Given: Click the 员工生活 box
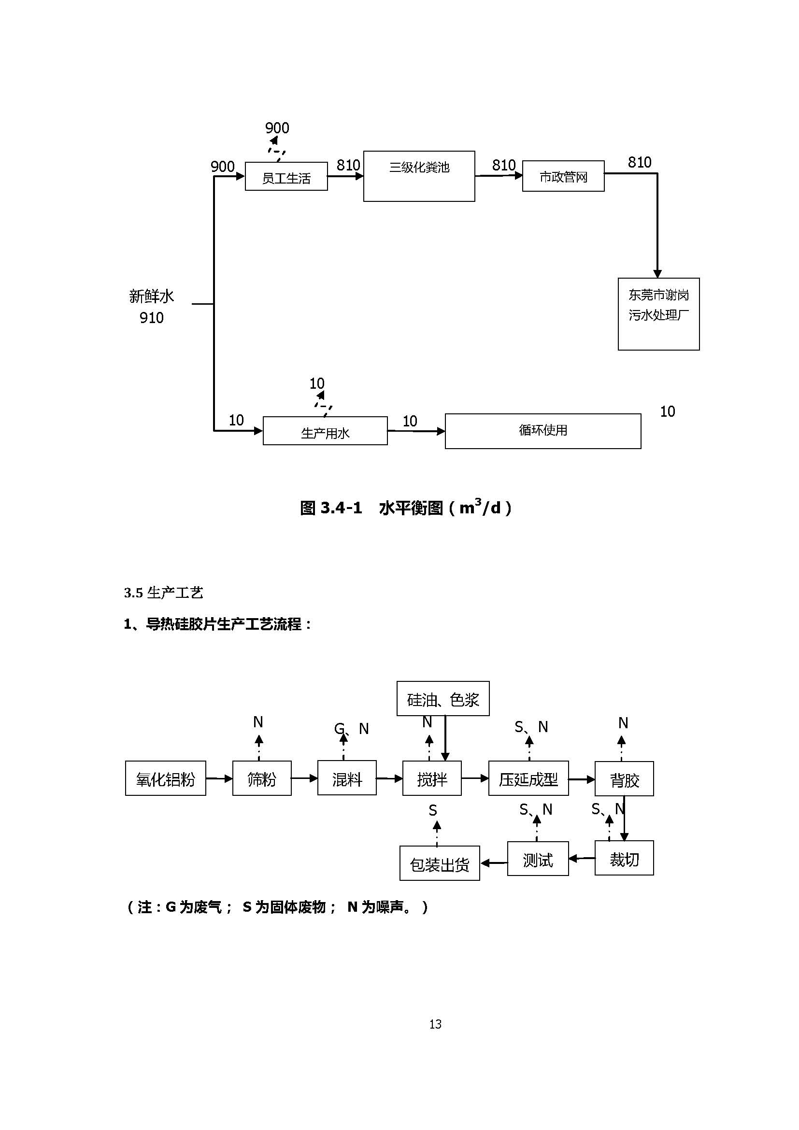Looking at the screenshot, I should click(x=286, y=176).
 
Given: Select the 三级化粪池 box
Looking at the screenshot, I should click(x=419, y=176).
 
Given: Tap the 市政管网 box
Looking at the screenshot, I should click(x=563, y=176).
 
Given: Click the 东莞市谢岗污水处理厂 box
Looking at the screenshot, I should click(x=658, y=313).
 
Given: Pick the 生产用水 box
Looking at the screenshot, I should click(x=325, y=431).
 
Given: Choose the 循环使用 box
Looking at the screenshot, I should click(x=542, y=431).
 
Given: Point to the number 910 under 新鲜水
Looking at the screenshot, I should click(x=152, y=318).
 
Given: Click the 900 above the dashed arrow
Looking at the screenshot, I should click(x=277, y=128).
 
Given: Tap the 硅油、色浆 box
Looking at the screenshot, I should click(x=442, y=698).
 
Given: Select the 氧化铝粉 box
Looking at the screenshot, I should click(x=165, y=778).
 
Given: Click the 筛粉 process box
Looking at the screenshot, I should click(x=261, y=778).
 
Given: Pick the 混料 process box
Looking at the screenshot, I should click(x=346, y=778).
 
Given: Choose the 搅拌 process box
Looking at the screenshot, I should click(x=432, y=778).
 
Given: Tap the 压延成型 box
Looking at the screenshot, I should click(x=528, y=778).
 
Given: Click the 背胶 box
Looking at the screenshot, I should click(x=624, y=778).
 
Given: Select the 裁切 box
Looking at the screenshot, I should click(x=624, y=858).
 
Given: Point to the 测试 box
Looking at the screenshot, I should click(x=538, y=859).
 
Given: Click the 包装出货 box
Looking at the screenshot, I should click(x=439, y=863).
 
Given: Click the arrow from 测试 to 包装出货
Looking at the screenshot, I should click(x=493, y=863).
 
